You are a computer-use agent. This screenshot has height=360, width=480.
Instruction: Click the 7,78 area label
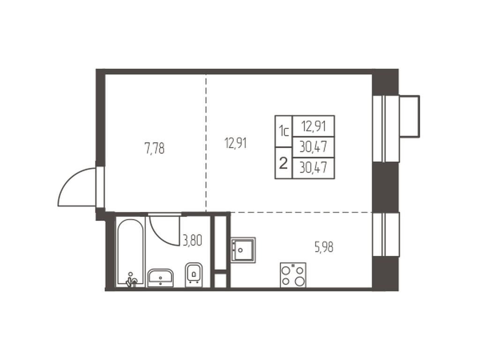click(155, 149)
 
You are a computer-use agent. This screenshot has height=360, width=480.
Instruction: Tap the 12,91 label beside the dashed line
click(235, 143)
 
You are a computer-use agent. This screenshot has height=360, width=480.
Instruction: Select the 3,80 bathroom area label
click(192, 240)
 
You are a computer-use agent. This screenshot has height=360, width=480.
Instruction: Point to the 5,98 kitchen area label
click(324, 247)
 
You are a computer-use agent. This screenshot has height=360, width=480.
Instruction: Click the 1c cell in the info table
click(284, 131)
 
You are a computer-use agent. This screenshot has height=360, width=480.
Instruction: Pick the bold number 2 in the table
click(284, 164)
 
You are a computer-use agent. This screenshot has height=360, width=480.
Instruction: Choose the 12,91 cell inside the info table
click(314, 126)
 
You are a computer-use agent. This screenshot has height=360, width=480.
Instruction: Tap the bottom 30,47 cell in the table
click(314, 168)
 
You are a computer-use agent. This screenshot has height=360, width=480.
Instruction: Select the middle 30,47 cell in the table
click(314, 147)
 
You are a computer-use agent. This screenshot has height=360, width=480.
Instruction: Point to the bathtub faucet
click(132, 280)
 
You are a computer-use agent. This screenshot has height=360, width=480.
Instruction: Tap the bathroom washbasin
click(160, 278)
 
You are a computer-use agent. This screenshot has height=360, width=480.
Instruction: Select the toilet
click(194, 275)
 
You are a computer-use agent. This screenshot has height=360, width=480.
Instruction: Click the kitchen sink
click(243, 250)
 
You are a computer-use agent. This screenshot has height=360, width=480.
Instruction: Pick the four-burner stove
click(293, 275)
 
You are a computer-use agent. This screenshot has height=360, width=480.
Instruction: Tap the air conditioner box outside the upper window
click(410, 116)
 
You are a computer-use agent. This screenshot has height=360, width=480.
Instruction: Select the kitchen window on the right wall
click(386, 234)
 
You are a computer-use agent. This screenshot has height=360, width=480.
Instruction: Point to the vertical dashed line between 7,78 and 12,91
click(206, 143)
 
